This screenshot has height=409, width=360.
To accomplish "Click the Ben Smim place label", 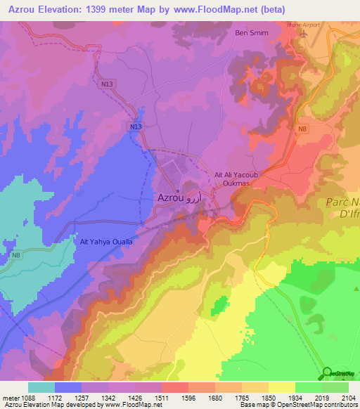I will (x=252, y=32).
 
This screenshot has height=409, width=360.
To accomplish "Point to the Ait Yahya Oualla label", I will (x=107, y=241).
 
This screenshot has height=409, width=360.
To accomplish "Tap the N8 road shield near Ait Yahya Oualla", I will (x=15, y=254).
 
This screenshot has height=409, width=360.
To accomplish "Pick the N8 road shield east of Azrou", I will (x=302, y=129).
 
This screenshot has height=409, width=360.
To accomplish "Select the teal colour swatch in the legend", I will (x=41, y=387).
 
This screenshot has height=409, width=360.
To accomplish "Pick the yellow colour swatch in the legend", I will (x=281, y=387).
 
